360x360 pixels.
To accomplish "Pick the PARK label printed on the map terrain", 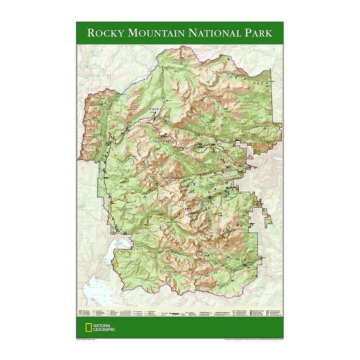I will tap(186, 209).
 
